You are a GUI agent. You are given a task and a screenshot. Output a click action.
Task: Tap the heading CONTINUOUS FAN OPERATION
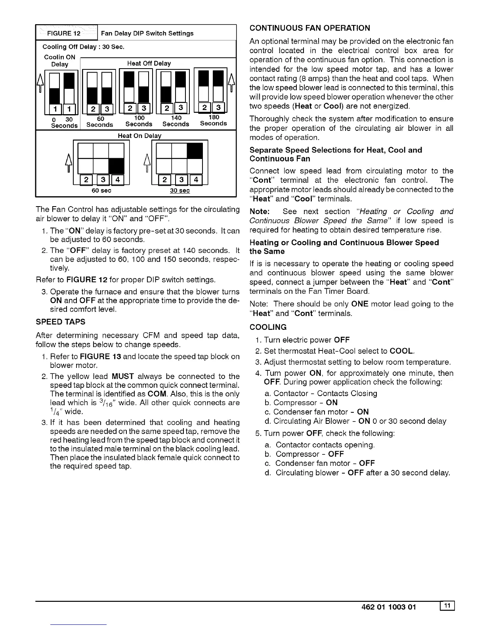coord(310,28)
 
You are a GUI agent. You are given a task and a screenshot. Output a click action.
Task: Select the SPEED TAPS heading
coord(60,322)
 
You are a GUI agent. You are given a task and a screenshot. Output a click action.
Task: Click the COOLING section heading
coord(268,327)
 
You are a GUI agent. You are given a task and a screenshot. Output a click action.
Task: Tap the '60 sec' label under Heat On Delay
coord(101,191)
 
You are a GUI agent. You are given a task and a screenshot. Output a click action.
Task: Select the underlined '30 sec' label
coord(180,191)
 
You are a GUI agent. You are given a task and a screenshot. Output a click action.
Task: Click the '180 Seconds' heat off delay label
coord(213,121)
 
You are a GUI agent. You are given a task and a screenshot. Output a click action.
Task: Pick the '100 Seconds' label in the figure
coord(139,121)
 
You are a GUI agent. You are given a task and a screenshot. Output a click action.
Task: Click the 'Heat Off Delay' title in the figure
coord(149,63)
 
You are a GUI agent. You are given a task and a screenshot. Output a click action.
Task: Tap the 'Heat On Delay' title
coord(140,136)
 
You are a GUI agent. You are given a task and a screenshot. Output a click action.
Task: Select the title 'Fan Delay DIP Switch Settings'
coord(147,33)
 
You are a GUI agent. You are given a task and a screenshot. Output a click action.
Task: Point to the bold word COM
coord(159,394)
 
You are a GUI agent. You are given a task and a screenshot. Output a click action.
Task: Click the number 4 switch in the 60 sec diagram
coord(117,180)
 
